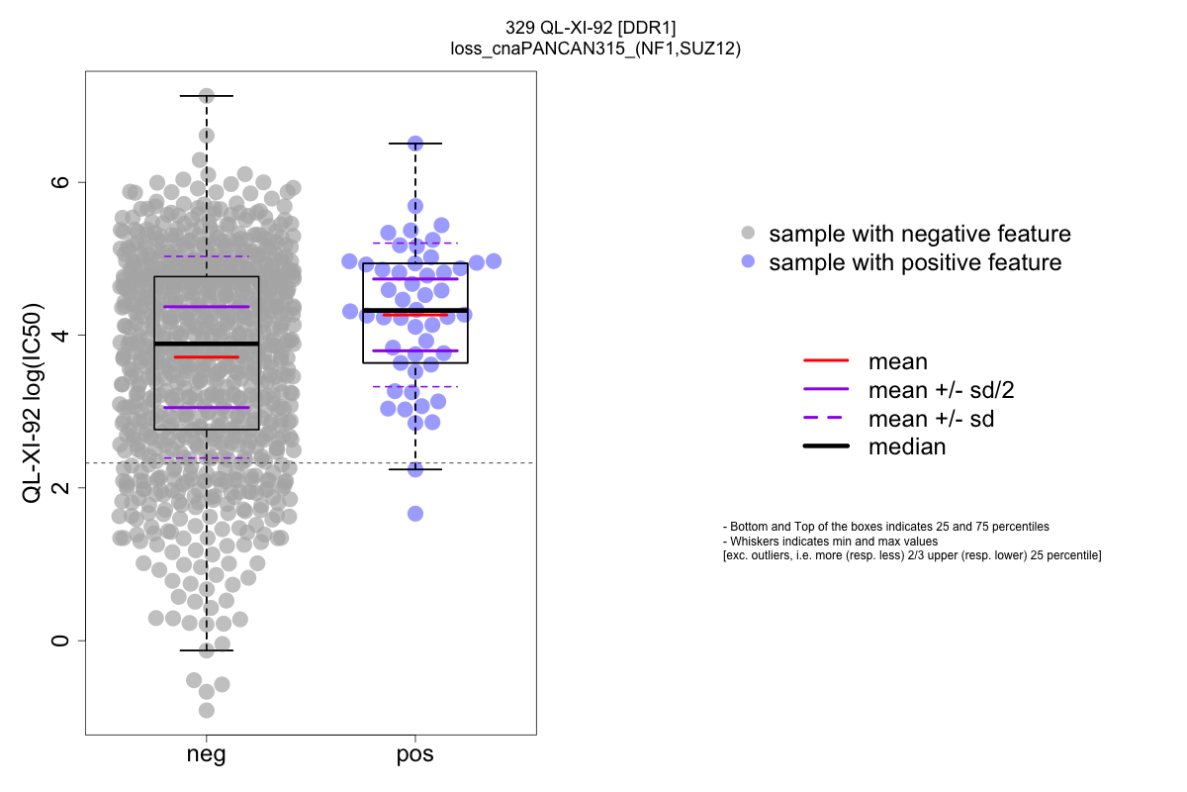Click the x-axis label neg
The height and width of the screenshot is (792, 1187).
coord(206,755)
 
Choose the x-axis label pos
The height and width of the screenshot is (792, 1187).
coord(415,755)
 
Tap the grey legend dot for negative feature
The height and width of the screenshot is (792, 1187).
coord(748,234)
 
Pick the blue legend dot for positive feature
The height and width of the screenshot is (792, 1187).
coord(748,262)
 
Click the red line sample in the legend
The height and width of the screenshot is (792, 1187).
coord(826,362)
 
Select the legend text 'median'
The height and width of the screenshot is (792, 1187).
coord(907,446)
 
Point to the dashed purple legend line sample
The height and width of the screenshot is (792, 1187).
coord(826,419)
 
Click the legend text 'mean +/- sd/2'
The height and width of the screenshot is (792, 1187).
coord(941,390)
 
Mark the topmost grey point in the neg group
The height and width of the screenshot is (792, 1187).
coord(207,96)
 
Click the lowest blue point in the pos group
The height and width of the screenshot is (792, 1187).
coord(415,513)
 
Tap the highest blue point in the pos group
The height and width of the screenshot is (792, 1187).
coord(415,144)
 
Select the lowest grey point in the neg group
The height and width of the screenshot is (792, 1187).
coord(207,710)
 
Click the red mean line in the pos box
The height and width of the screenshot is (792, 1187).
coord(415,315)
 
